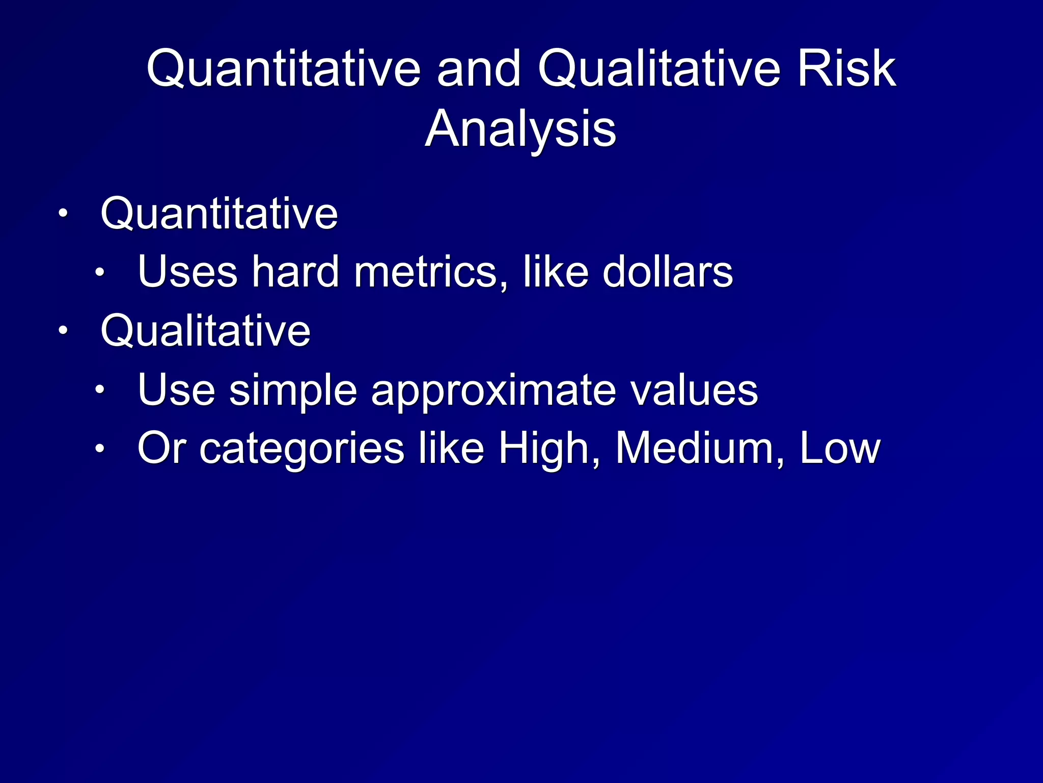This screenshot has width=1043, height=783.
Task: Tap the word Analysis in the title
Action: (x=520, y=129)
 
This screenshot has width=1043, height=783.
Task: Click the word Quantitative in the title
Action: (x=284, y=70)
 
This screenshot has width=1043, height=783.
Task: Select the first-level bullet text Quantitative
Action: (x=219, y=214)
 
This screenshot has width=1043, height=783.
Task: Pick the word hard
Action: (x=295, y=272)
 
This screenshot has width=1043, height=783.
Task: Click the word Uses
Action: (x=187, y=272)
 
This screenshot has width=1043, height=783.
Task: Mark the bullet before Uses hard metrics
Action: (x=100, y=273)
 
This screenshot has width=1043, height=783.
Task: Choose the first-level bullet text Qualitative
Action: (x=205, y=331)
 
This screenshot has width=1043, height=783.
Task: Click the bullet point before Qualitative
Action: (x=62, y=331)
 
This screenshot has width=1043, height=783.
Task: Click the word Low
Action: (x=840, y=449)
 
